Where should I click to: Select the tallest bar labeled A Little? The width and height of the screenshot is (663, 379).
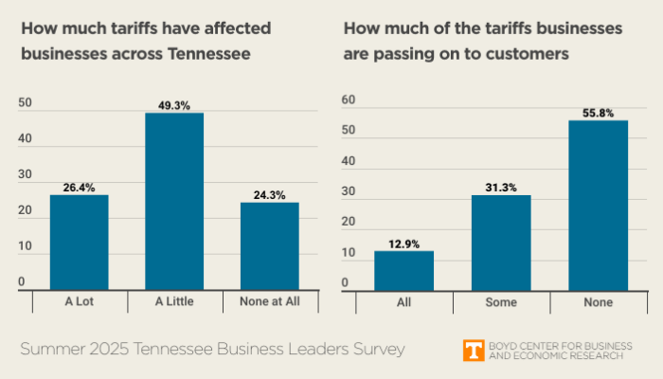click(x=174, y=201)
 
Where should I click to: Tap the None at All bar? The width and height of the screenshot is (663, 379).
click(x=269, y=245)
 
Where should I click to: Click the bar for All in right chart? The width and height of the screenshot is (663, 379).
click(x=403, y=270)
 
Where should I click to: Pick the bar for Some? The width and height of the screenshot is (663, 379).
click(x=501, y=242)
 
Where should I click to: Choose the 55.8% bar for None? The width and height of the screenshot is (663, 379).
click(x=598, y=205)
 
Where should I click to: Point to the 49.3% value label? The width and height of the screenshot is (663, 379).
click(x=174, y=106)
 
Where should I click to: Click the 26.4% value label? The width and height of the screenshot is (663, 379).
click(x=80, y=188)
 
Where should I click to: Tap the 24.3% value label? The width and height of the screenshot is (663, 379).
click(x=269, y=195)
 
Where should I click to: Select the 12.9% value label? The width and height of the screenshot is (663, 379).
click(x=403, y=244)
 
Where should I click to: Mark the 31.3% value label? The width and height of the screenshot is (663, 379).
click(x=501, y=188)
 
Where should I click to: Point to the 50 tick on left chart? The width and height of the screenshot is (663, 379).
click(x=25, y=103)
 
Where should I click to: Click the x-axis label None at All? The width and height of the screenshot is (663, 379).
click(x=269, y=302)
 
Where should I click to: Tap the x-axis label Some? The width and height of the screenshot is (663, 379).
click(x=501, y=302)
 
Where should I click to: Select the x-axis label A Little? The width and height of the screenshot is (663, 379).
click(x=174, y=302)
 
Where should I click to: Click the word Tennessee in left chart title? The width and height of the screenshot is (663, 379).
click(x=209, y=54)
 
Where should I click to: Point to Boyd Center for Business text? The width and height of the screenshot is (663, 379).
click(x=556, y=345)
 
